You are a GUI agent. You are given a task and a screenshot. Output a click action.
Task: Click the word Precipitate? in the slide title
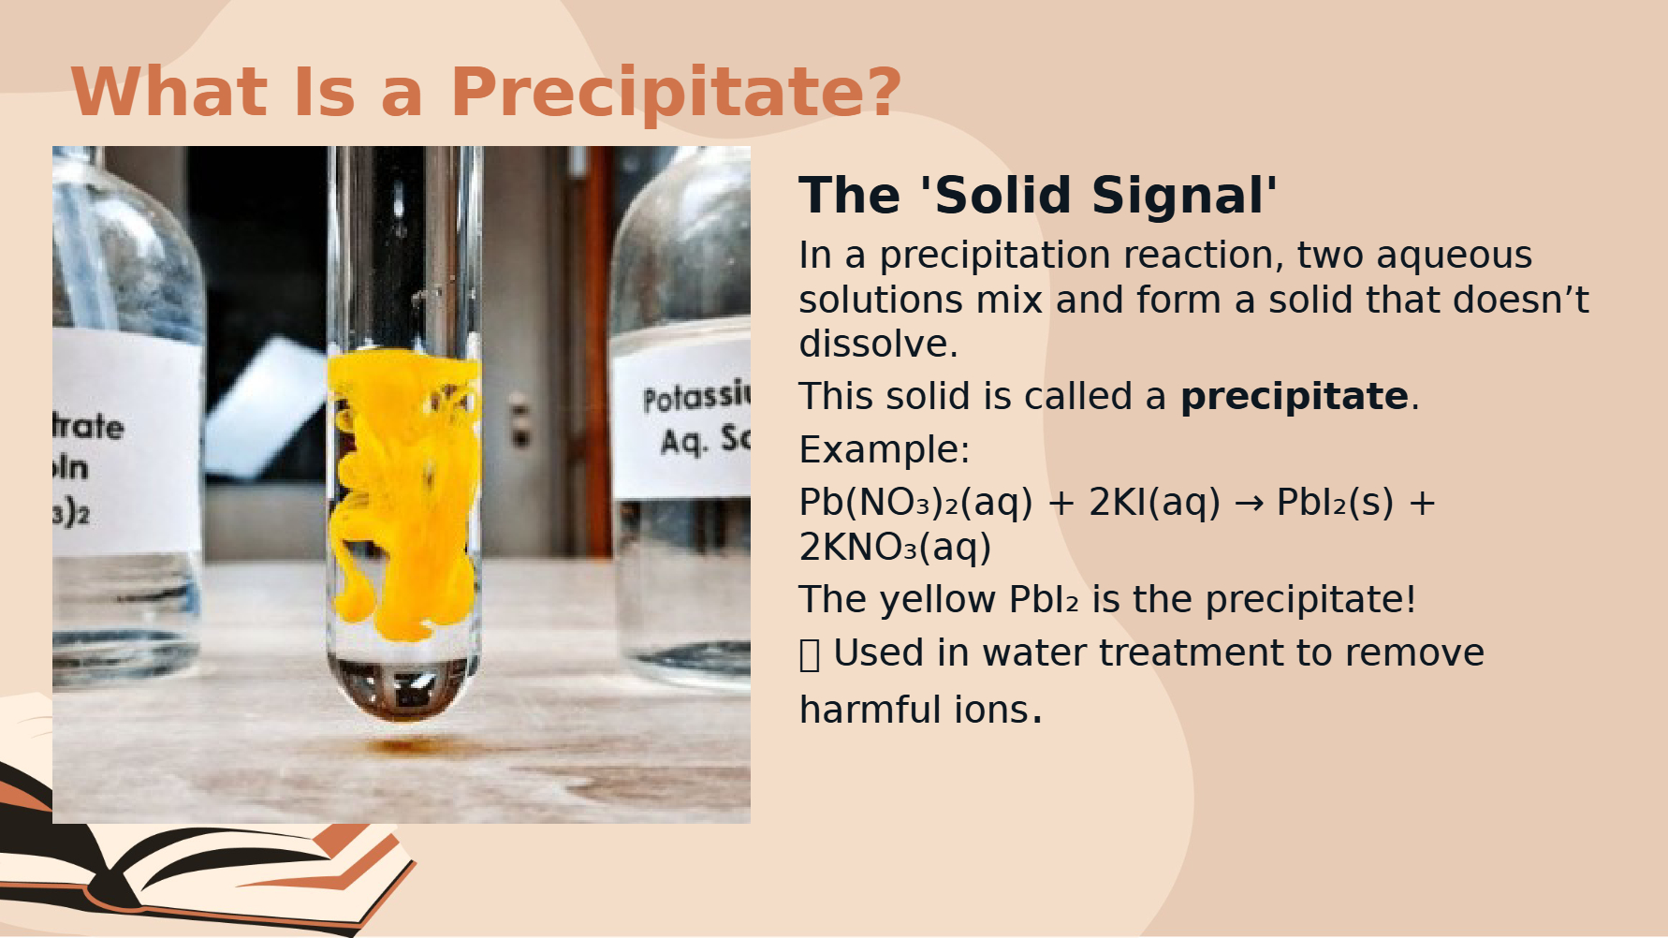pos(676,93)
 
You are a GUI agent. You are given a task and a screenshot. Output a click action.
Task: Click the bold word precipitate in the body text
pos(1295,397)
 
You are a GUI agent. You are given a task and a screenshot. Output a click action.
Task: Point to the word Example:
pos(885,449)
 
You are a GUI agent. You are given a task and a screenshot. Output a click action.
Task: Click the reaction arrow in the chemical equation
pos(1249,504)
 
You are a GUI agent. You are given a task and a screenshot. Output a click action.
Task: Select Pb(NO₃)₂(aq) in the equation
pos(915,503)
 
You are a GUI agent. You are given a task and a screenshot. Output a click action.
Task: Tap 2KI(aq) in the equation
pos(1154,503)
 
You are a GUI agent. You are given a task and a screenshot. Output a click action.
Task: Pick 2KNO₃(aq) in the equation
pos(895,548)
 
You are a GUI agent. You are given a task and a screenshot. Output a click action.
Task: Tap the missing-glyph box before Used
pos(810,654)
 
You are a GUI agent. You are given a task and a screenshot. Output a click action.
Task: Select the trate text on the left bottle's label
pos(88,427)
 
